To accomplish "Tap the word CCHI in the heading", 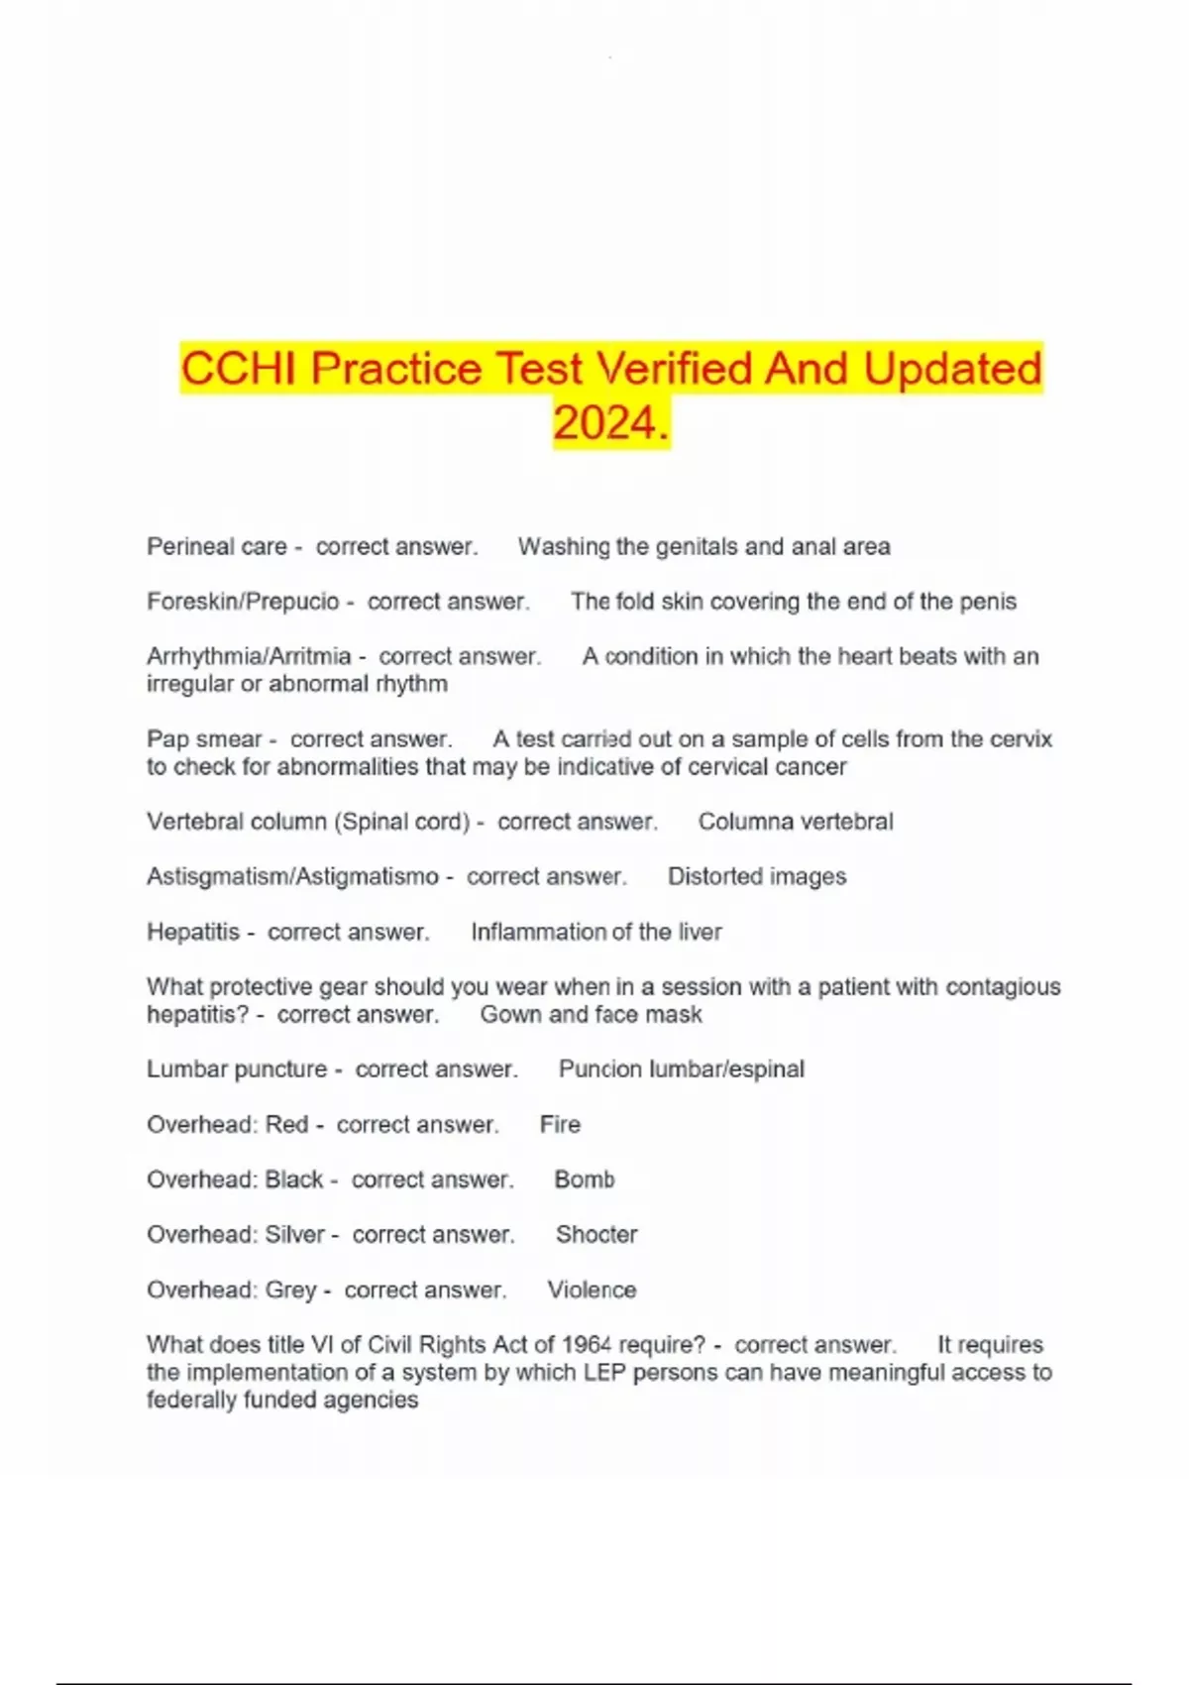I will (x=239, y=369).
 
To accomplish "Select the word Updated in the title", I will (x=952, y=369).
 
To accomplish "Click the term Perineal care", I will (x=216, y=546).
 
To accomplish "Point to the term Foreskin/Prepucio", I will (x=243, y=602).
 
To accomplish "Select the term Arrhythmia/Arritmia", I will (x=249, y=656).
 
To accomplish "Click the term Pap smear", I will (x=203, y=739).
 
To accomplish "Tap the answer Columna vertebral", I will (x=796, y=822).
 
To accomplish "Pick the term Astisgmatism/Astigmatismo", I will (x=292, y=877).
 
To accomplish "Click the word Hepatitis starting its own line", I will (x=193, y=932).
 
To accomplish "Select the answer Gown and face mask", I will (x=591, y=1015).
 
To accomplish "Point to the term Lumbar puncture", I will (x=236, y=1069).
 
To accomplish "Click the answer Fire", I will (x=560, y=1125).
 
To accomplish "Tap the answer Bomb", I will (x=585, y=1179).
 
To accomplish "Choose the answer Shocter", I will (x=596, y=1235).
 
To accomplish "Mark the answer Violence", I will (x=592, y=1291).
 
